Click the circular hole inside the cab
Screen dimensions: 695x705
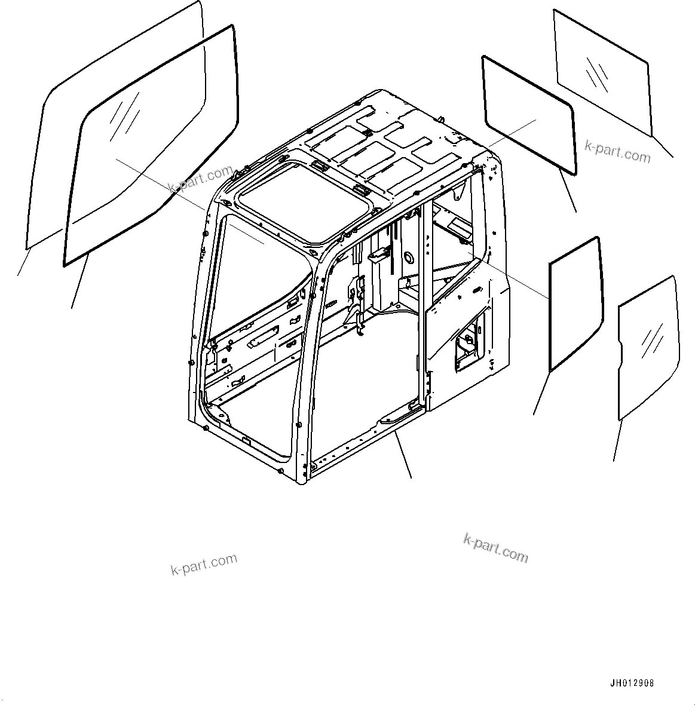(x=409, y=257)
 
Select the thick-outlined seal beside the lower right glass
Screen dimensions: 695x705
(x=575, y=304)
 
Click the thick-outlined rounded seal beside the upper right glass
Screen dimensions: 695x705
(x=529, y=114)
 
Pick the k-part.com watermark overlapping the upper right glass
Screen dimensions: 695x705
(x=618, y=152)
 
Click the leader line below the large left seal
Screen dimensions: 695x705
(x=81, y=281)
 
